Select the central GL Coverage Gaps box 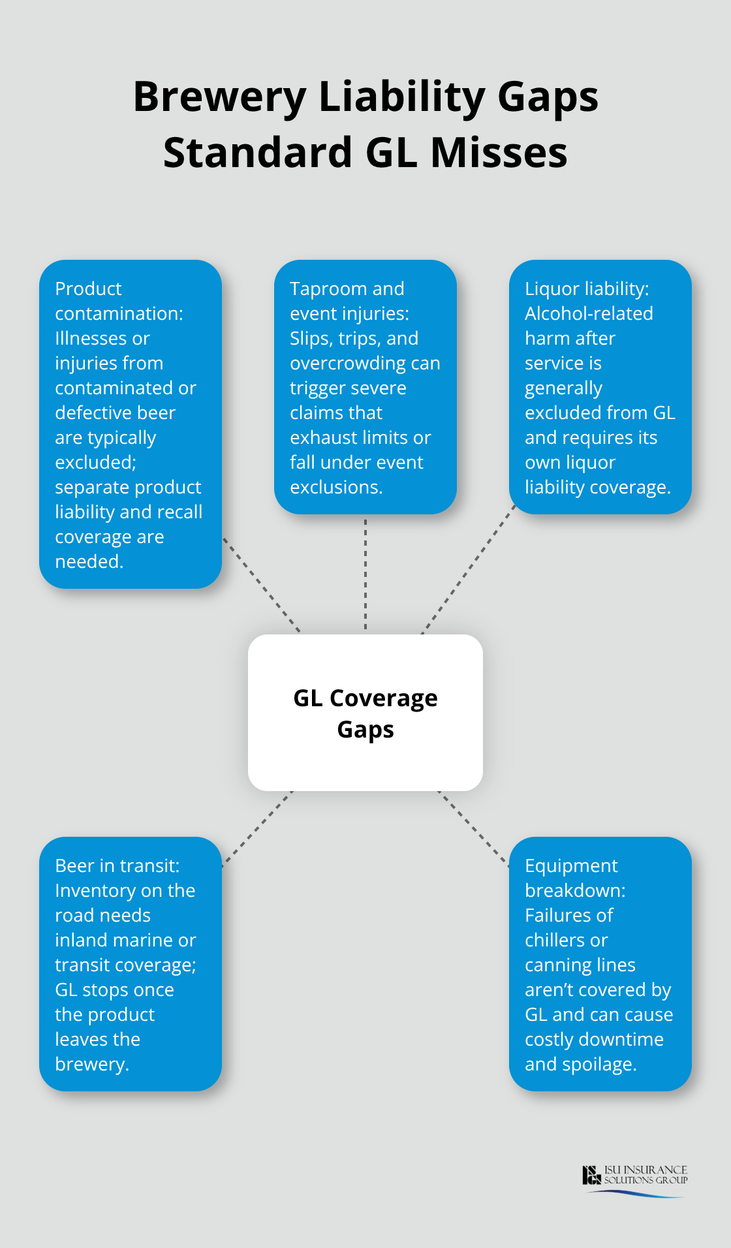365,713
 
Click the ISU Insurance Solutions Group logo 634,1179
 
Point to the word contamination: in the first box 119,314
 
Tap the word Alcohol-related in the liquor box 589,314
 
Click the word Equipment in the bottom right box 571,866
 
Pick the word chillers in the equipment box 557,941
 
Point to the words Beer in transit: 117,866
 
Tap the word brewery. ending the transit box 92,1065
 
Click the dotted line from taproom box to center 365,574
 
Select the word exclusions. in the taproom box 336,488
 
